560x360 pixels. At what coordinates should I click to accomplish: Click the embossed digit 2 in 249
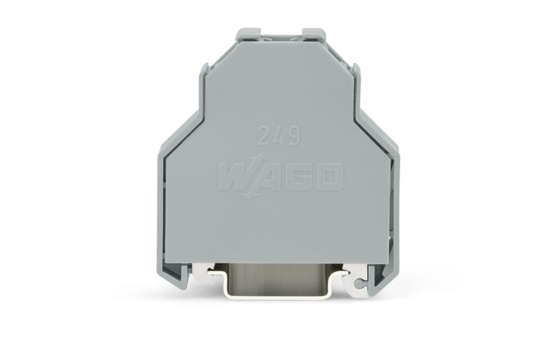(x=264, y=136)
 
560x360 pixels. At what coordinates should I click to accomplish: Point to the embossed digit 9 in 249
(x=293, y=136)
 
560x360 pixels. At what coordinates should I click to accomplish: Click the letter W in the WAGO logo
(x=236, y=177)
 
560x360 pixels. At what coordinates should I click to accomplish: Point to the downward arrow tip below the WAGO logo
(x=247, y=197)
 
